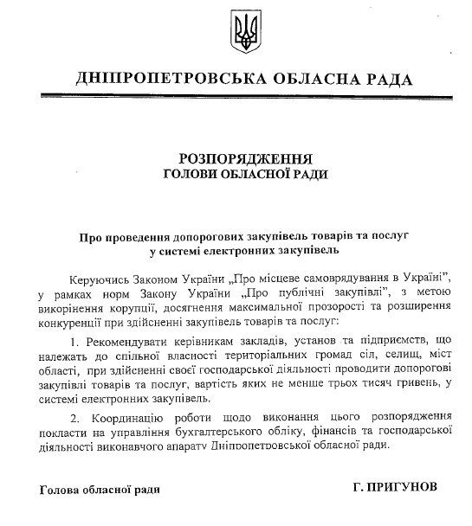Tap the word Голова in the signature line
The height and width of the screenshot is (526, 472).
point(60,491)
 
